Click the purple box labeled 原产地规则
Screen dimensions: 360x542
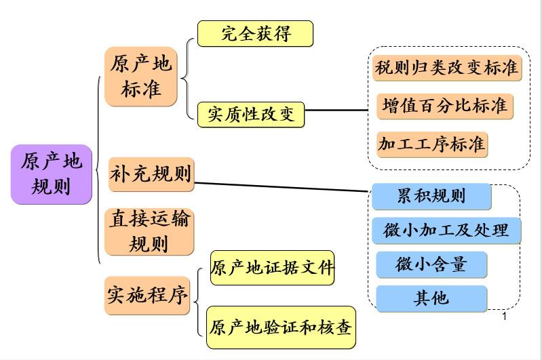click(52, 174)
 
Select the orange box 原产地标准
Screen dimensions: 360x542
click(140, 76)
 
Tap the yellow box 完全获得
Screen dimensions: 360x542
click(255, 33)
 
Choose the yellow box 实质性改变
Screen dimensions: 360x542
click(251, 115)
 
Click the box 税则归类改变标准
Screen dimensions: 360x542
click(447, 68)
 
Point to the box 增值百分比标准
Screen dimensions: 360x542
click(444, 106)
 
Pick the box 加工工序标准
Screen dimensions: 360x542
click(432, 144)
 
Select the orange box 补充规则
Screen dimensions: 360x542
click(151, 174)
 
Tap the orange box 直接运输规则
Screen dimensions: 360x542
click(149, 231)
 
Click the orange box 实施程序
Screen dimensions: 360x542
click(147, 295)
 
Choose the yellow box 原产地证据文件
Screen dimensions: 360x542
click(272, 268)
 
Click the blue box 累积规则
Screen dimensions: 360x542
click(431, 197)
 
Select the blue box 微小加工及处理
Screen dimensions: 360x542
click(446, 231)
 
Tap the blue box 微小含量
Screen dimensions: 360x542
click(431, 264)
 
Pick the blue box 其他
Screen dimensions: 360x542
click(431, 298)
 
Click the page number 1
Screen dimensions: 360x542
click(504, 317)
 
